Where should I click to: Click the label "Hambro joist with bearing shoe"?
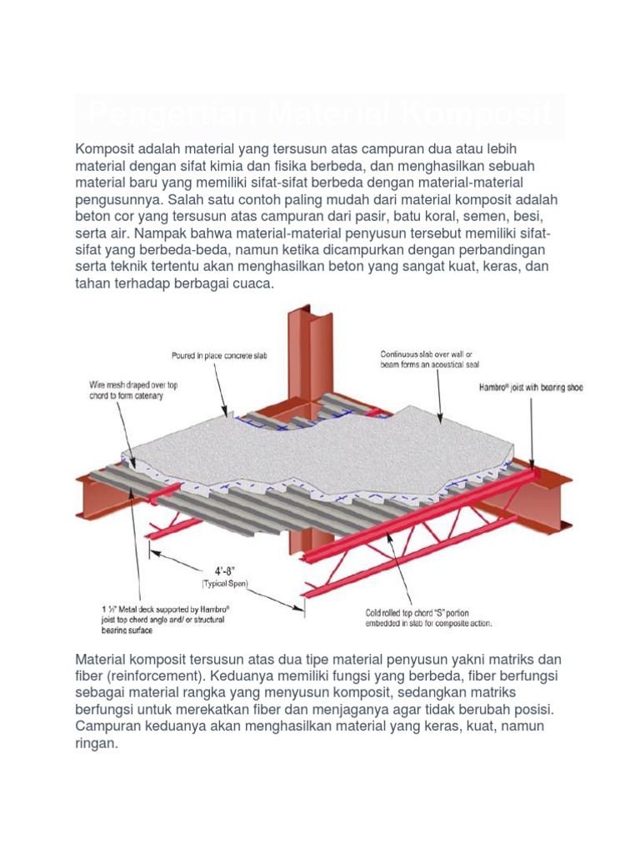[x=530, y=388]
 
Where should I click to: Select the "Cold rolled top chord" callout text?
[x=428, y=616]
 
